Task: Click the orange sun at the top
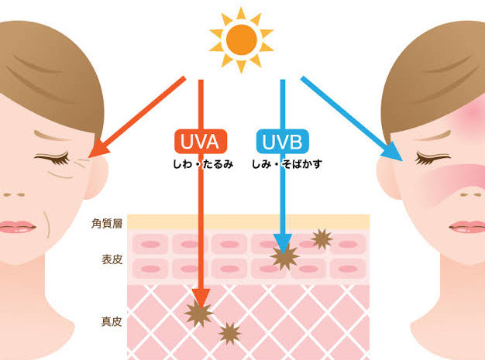click(x=241, y=39)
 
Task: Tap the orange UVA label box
click(x=201, y=141)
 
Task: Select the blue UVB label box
click(x=283, y=141)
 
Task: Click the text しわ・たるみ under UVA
click(x=203, y=164)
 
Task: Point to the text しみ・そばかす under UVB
click(x=287, y=164)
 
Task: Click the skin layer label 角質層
click(x=107, y=224)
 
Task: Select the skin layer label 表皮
click(x=112, y=259)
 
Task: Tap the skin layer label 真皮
click(x=112, y=322)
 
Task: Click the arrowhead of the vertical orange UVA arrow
click(x=201, y=298)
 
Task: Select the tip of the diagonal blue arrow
click(x=402, y=161)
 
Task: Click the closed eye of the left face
click(x=52, y=159)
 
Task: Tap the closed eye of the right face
click(x=432, y=159)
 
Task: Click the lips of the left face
click(x=16, y=227)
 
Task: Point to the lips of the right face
click(x=468, y=227)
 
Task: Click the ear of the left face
click(x=97, y=177)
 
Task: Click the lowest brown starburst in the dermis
click(x=229, y=334)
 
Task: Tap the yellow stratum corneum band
click(x=249, y=222)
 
